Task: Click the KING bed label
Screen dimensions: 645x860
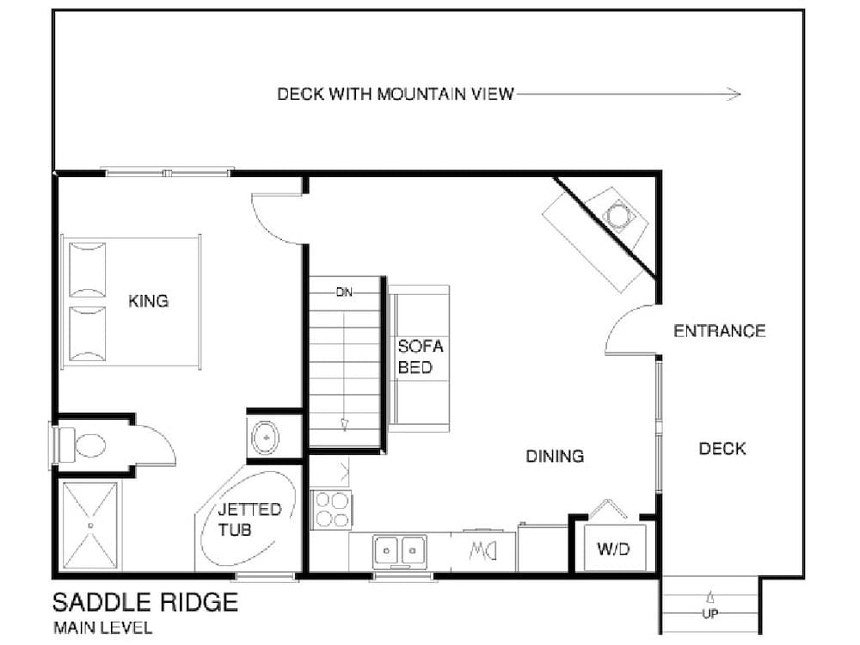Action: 148,301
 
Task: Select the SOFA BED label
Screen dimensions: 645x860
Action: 421,357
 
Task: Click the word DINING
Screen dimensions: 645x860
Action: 555,456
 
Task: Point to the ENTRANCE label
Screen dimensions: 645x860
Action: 719,331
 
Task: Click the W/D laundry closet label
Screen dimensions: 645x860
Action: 614,549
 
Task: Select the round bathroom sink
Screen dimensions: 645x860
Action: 267,438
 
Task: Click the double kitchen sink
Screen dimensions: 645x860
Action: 400,548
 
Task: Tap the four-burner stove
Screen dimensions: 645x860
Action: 331,508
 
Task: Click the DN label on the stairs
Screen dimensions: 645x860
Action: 344,292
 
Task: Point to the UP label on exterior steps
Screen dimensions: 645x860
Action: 710,614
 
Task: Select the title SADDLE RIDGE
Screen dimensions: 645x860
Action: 144,602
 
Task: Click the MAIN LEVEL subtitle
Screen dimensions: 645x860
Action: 102,628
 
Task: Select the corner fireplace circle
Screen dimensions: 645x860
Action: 618,213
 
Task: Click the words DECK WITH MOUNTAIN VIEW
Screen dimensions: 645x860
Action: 395,94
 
